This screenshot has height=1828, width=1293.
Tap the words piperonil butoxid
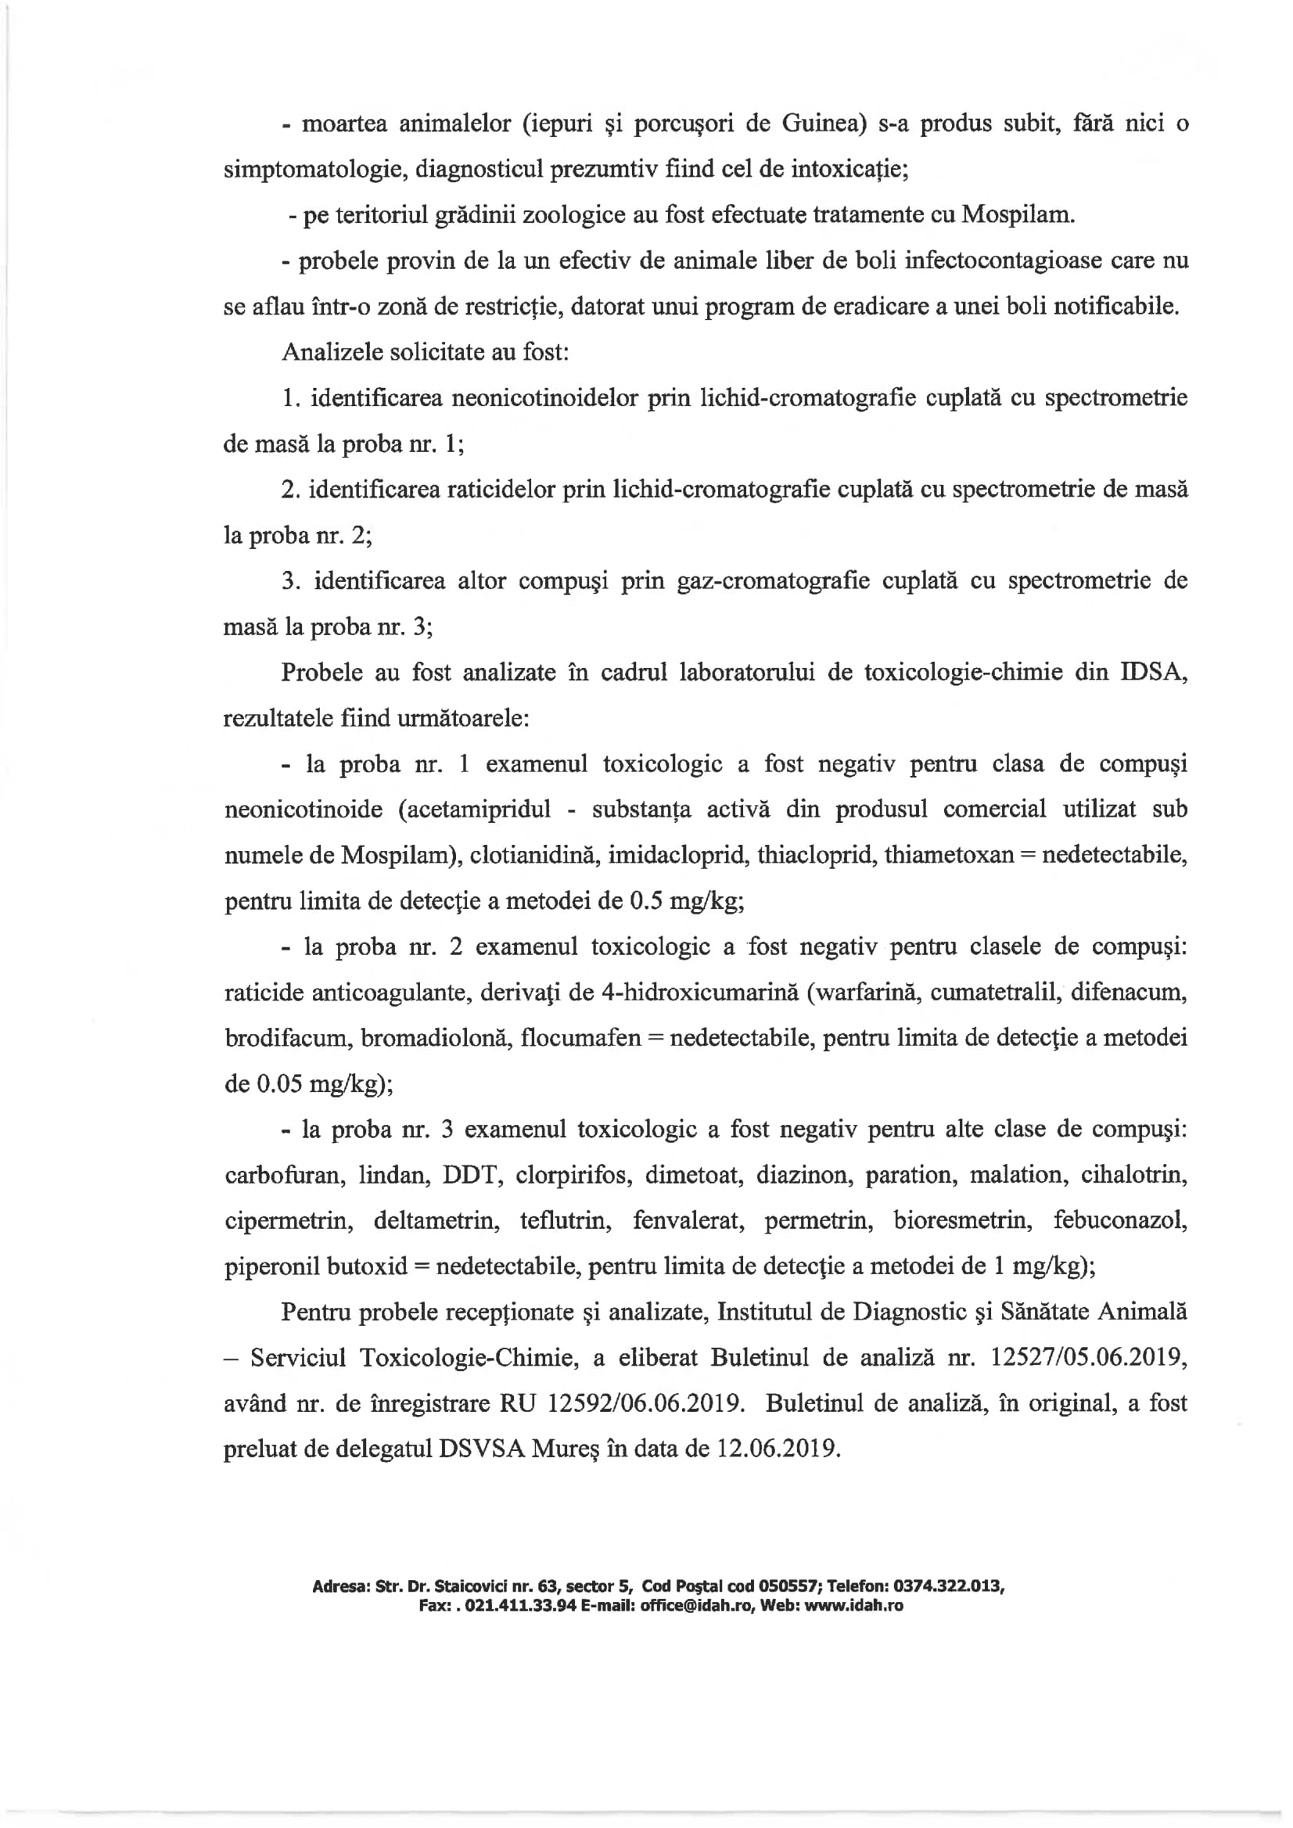tap(316, 1266)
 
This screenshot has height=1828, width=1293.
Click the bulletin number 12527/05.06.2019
tap(1088, 1358)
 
